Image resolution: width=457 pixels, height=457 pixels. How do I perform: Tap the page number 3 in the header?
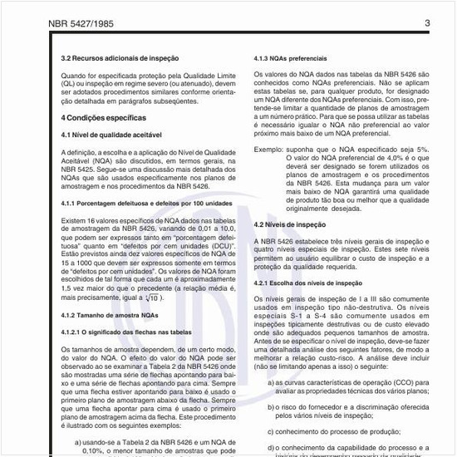[x=427, y=23]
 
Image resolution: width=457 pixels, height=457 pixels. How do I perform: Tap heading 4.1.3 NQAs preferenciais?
[x=290, y=58]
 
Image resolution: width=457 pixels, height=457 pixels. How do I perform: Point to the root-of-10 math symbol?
[x=150, y=297]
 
